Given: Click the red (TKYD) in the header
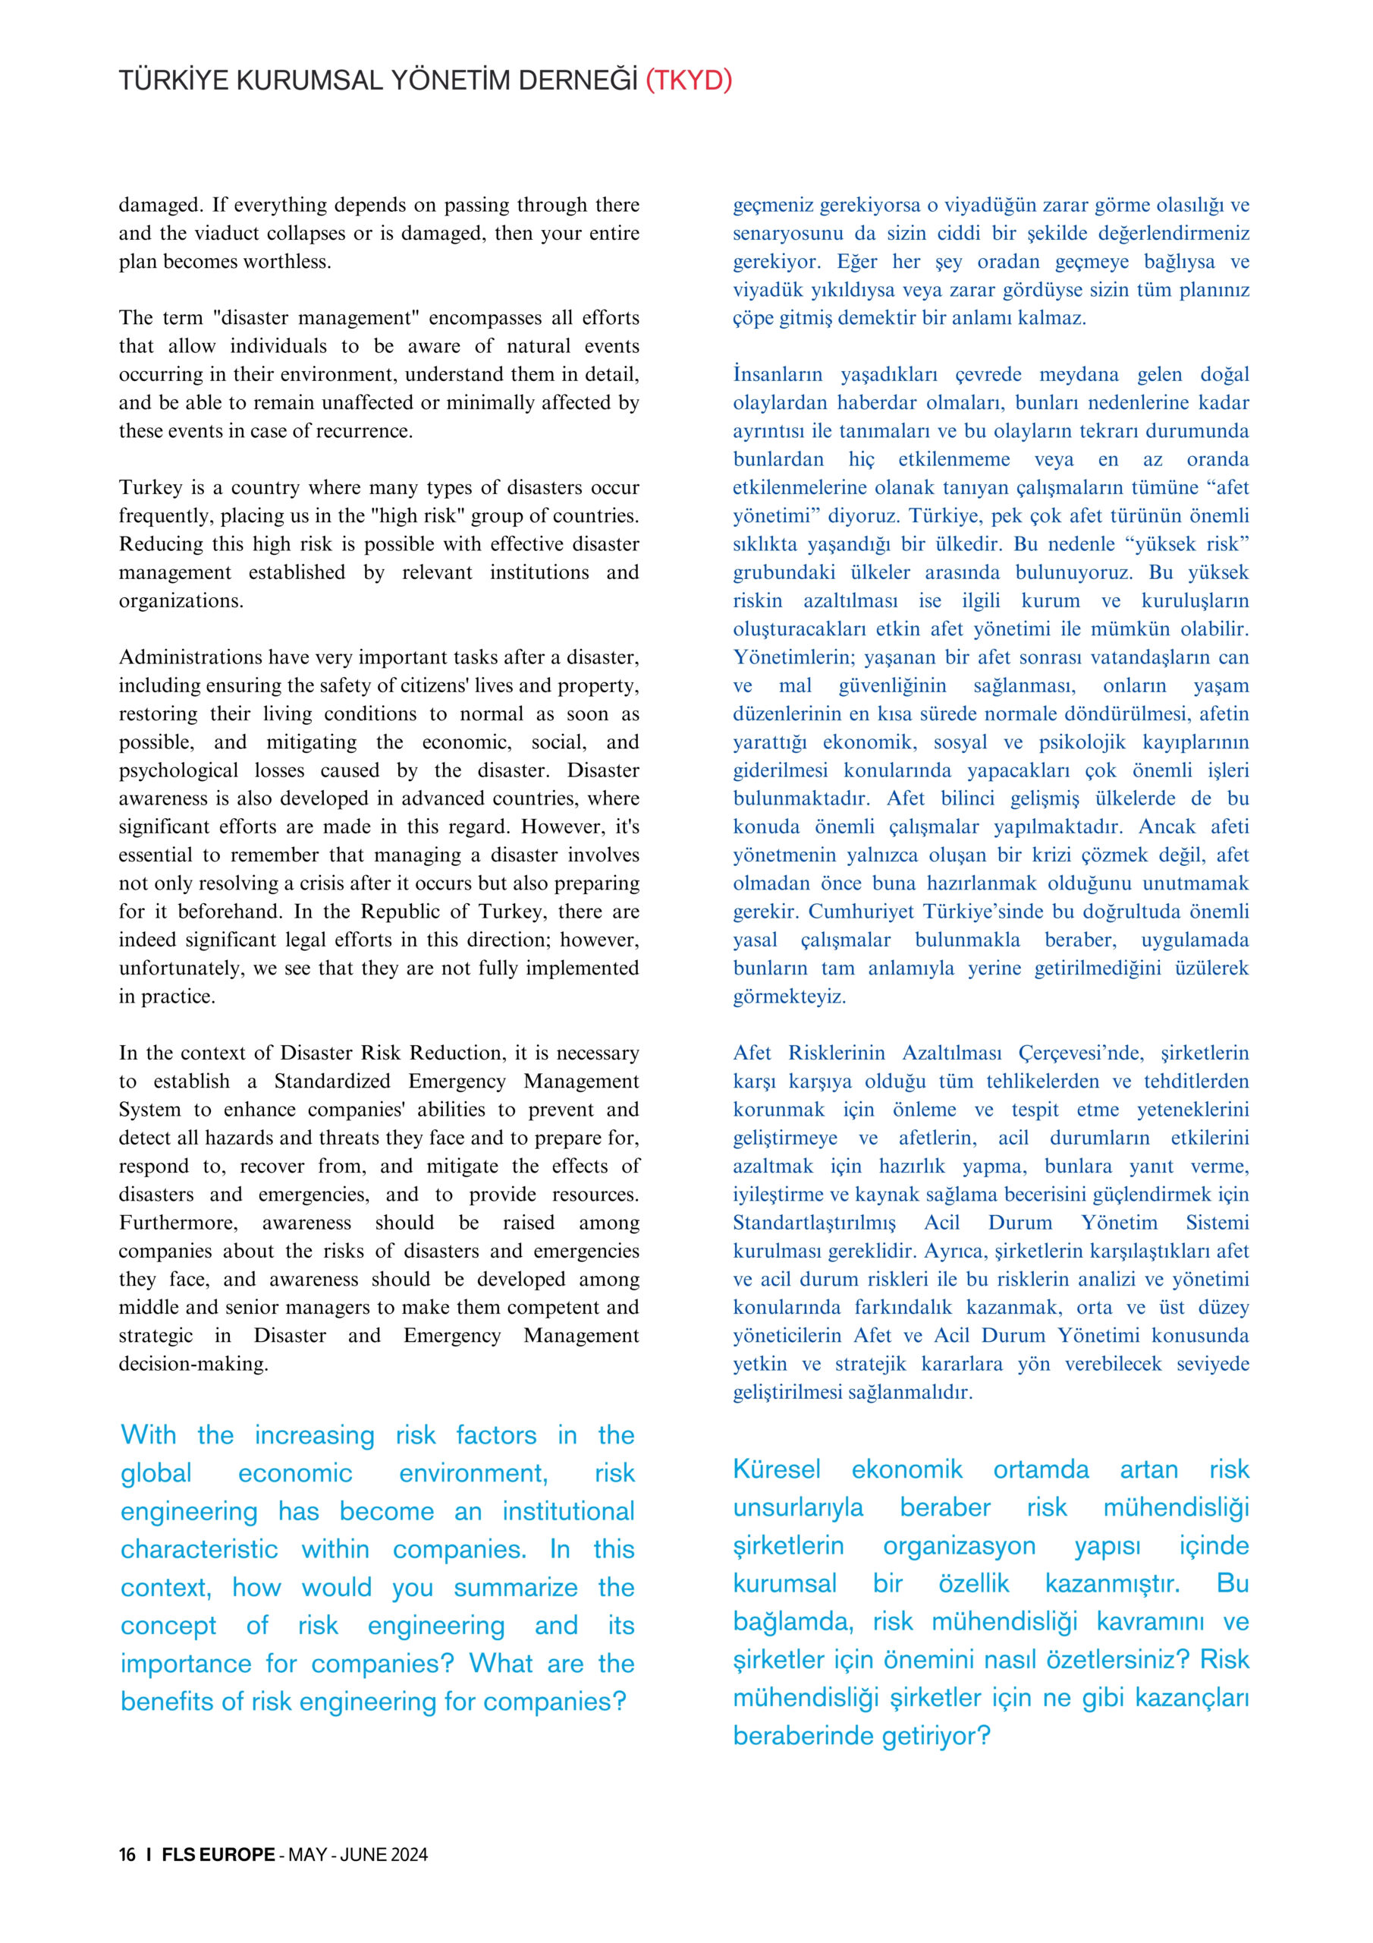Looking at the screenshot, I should pos(689,80).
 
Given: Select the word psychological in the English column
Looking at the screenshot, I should pos(178,770).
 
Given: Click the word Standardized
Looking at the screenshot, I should pos(331,1082).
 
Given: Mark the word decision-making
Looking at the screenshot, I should pos(193,1364).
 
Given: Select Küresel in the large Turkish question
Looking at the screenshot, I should pos(777,1469).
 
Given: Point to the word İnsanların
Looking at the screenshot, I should pos(778,374).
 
